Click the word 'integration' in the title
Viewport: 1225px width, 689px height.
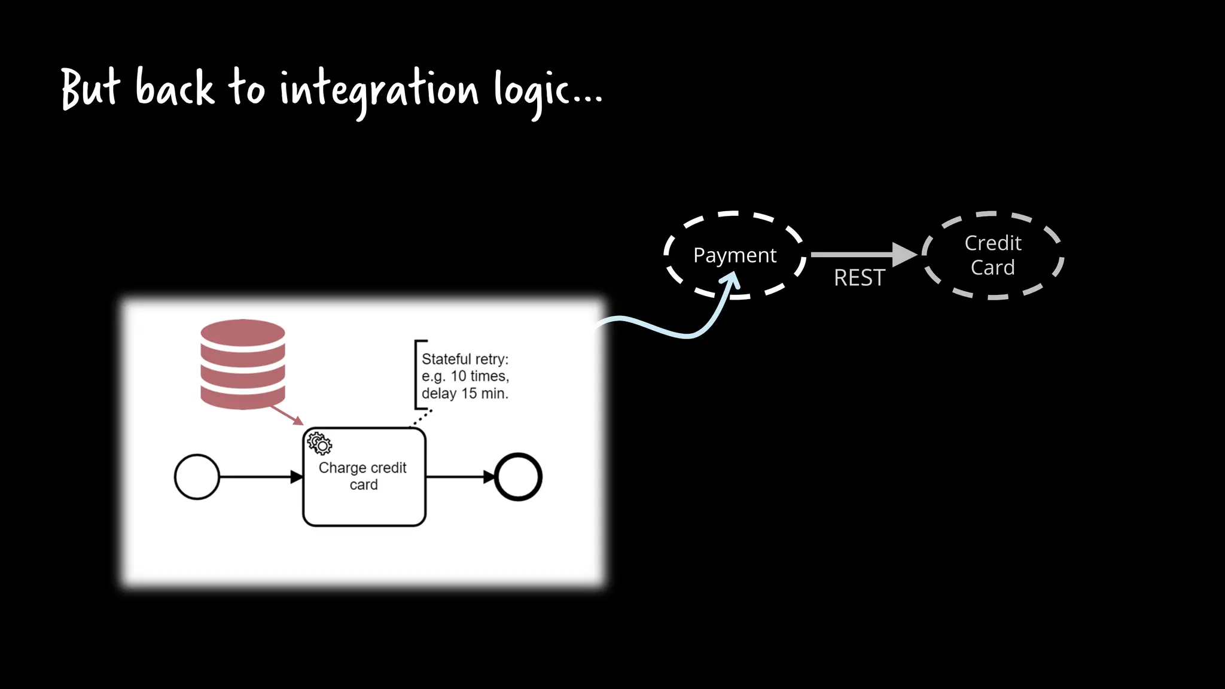[379, 90]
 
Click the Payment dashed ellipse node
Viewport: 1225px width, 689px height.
[735, 255]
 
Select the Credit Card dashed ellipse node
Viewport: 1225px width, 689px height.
[992, 255]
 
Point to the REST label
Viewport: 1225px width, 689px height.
[859, 278]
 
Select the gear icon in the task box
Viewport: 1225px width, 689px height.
[319, 444]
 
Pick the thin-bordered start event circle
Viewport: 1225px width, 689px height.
[197, 477]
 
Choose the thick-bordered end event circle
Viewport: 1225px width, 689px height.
[518, 477]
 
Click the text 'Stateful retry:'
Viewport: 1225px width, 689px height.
[465, 359]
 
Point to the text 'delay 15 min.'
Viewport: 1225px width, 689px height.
[465, 394]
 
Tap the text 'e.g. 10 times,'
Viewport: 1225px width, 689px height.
[465, 376]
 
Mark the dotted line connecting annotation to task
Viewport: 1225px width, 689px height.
[422, 417]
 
